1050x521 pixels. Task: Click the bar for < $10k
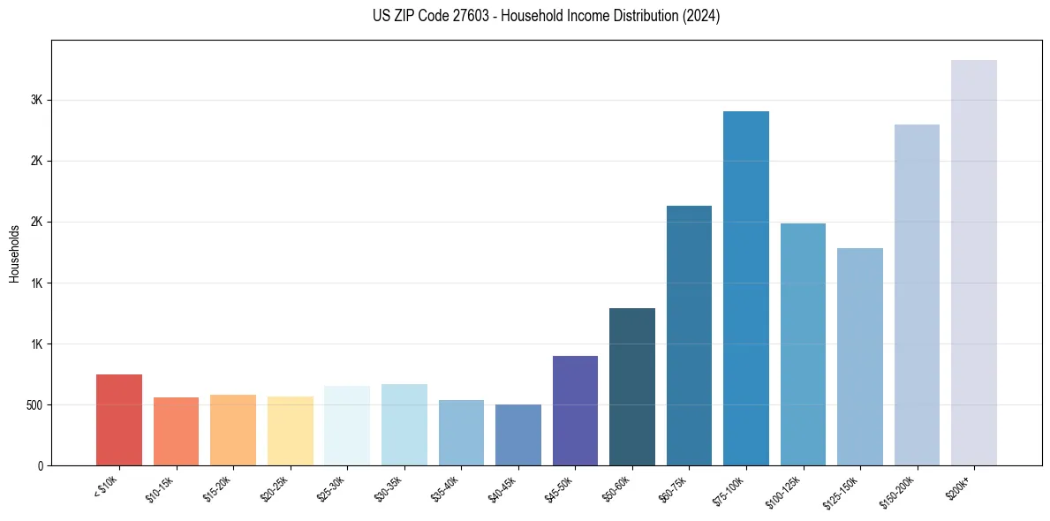[x=119, y=420]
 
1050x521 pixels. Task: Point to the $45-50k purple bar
[x=575, y=411]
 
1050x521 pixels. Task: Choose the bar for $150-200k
[x=917, y=295]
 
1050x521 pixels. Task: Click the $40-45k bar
[x=518, y=435]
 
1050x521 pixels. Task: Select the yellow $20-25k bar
[x=291, y=431]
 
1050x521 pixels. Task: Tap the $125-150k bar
[x=860, y=357]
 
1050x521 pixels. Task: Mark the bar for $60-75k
[x=689, y=336]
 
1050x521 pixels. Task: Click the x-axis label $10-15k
[x=160, y=489]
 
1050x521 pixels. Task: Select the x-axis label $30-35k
[x=388, y=489]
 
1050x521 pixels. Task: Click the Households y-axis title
[x=14, y=253]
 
